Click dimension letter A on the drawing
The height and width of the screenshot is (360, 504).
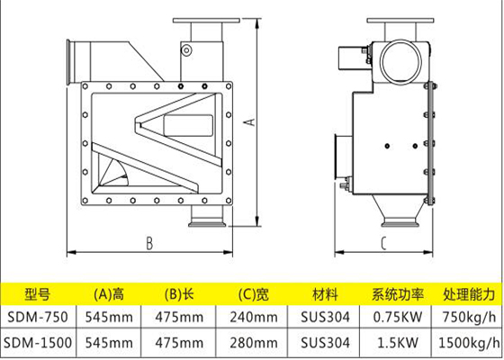251,122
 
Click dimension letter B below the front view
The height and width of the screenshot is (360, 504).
149,243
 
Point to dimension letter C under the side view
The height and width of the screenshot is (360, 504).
383,243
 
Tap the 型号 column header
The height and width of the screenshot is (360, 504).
38,294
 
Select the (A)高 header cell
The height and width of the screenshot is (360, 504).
109,294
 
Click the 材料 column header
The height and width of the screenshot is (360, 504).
325,294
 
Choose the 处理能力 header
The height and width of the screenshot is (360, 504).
469,294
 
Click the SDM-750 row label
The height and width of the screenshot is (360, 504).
38,317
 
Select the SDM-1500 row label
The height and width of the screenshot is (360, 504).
38,343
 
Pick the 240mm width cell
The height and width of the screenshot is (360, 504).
254,318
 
